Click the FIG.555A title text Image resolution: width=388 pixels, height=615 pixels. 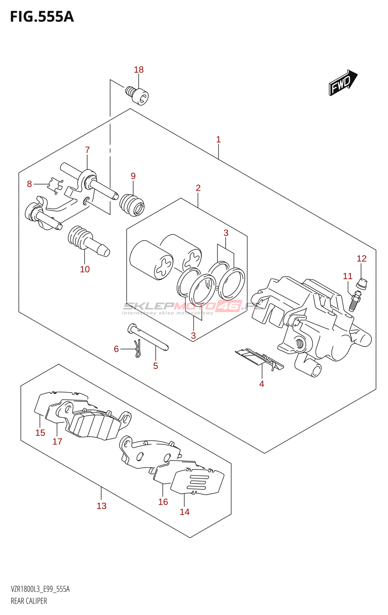(x=42, y=17)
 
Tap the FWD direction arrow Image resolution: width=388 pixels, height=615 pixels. (x=343, y=82)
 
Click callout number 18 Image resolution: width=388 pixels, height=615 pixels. (x=139, y=70)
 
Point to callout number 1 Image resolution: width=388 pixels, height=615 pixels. (x=218, y=140)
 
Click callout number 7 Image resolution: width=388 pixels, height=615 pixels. (x=87, y=150)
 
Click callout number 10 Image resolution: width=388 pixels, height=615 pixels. (x=85, y=269)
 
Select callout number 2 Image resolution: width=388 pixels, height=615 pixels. (x=198, y=188)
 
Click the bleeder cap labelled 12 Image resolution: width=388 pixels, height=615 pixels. (x=362, y=284)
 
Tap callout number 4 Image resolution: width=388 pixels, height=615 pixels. (x=261, y=384)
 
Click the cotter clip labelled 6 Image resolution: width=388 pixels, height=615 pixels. (x=137, y=347)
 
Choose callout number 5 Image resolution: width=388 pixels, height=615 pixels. (x=156, y=366)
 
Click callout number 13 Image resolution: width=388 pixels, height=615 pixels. (x=101, y=506)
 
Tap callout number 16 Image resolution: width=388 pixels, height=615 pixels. (x=163, y=502)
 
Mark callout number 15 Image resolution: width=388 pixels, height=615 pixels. (x=40, y=433)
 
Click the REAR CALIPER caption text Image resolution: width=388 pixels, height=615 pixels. (x=29, y=601)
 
